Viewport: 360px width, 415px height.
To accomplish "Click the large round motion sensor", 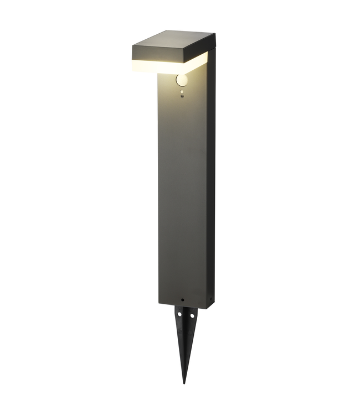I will point(182,81).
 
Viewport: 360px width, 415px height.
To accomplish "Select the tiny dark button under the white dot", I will point(182,97).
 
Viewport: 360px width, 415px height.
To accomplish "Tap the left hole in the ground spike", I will point(181,316).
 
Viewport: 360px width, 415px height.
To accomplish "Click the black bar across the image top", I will point(180,13).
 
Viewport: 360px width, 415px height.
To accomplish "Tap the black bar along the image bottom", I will point(180,401).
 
